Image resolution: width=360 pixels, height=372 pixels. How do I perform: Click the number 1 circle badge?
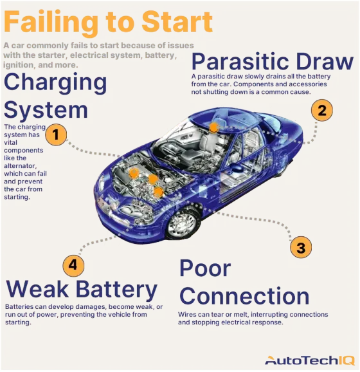click(x=56, y=135)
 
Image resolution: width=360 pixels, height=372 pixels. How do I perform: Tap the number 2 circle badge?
click(x=322, y=110)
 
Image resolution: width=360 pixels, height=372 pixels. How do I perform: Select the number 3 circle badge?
click(x=300, y=246)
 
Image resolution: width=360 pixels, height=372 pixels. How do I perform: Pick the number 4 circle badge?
click(x=73, y=265)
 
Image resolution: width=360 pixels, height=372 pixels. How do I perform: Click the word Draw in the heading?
click(x=329, y=62)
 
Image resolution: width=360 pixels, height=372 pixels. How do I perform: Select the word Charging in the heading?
click(x=55, y=83)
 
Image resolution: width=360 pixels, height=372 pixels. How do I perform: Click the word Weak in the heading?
click(x=41, y=289)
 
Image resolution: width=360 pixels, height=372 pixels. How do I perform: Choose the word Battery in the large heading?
click(x=120, y=289)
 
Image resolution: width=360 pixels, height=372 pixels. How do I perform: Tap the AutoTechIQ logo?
click(x=308, y=359)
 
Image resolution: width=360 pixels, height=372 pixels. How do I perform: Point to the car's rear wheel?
click(x=280, y=165)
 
